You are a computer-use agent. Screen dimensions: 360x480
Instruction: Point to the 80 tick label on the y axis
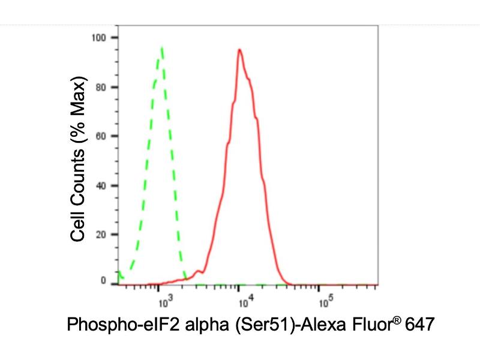tap(101, 87)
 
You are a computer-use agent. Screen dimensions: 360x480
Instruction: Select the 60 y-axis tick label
tap(101, 136)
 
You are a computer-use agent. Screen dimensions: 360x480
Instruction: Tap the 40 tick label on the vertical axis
tap(101, 185)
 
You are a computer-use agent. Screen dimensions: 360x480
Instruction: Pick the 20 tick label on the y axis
tap(101, 234)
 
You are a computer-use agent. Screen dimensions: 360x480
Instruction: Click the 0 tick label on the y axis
tap(104, 280)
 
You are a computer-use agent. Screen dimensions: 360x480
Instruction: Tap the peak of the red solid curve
tap(239, 50)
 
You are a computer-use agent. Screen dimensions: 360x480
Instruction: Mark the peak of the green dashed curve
tap(162, 48)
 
